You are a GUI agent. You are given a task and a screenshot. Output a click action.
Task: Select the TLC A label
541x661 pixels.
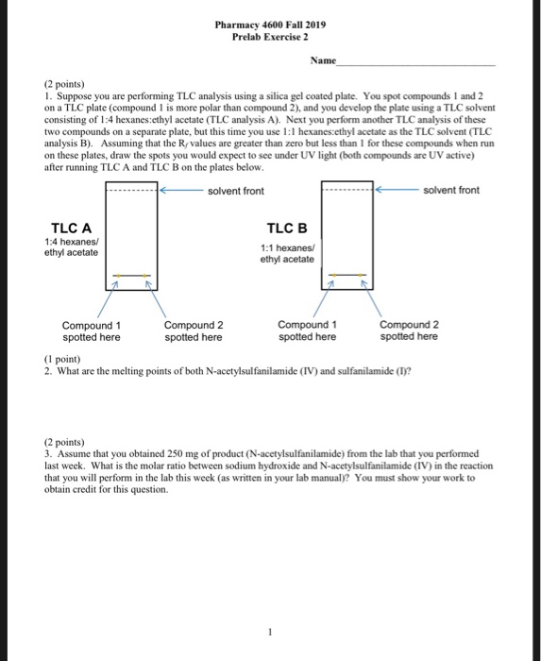tap(71, 228)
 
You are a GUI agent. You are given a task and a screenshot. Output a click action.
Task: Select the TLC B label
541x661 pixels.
tap(287, 229)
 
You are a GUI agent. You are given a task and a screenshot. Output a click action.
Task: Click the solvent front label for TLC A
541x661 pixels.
tap(236, 191)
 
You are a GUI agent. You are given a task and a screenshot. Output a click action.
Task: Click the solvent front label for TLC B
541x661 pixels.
tap(451, 191)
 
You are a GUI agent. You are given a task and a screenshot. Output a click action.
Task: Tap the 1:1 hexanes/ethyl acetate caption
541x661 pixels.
tap(287, 254)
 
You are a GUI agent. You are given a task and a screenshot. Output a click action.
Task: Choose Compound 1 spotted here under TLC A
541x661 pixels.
tap(91, 330)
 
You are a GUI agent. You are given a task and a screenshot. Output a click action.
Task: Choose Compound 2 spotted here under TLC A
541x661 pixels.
tap(194, 330)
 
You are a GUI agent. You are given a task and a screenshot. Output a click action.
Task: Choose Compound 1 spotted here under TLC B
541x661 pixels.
tap(307, 330)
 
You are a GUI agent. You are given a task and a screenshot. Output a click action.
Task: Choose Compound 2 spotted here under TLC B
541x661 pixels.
tap(409, 330)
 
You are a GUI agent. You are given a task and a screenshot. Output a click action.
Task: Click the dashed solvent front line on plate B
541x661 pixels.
tap(347, 191)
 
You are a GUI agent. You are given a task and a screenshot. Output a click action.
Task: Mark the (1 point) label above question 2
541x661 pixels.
tap(63, 358)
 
